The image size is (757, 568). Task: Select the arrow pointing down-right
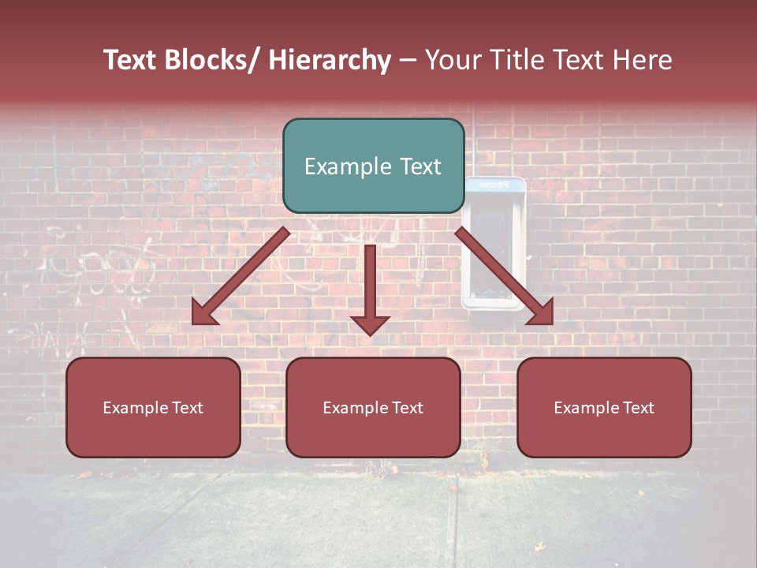coord(505,276)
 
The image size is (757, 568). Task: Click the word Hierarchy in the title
coord(330,61)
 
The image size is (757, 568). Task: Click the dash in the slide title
coord(408,61)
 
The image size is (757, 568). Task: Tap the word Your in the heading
coord(450,61)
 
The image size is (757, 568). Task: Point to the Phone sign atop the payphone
coord(494,185)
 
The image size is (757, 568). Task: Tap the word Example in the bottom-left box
coord(135,408)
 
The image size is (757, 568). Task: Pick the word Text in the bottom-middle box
coord(405,408)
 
